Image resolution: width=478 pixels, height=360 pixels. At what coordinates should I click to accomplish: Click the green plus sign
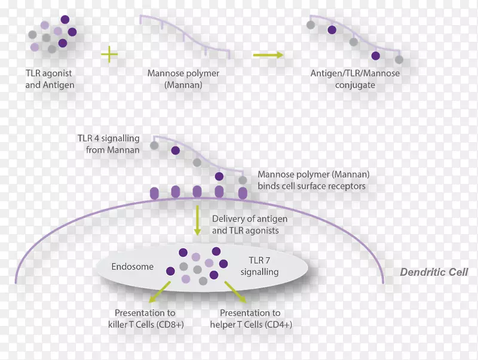tap(109, 55)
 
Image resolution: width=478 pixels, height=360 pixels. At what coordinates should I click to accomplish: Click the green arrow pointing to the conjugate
tap(266, 55)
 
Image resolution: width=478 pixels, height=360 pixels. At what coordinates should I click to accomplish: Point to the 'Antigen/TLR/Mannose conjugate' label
tap(355, 79)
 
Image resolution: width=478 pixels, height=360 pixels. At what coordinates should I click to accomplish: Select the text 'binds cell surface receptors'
tap(311, 186)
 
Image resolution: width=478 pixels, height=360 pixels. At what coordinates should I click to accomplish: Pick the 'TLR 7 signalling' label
tap(259, 267)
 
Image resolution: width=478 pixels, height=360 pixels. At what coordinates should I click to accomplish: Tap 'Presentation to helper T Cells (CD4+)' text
tap(258, 318)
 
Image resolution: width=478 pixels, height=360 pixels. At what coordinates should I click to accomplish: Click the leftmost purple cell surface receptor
tap(154, 192)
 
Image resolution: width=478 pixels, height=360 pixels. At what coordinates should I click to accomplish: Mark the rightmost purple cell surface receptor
tap(243, 192)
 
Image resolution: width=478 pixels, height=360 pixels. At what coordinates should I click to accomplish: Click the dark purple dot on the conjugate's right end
tap(375, 56)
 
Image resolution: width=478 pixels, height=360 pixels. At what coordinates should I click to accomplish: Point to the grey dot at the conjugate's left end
tap(310, 25)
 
